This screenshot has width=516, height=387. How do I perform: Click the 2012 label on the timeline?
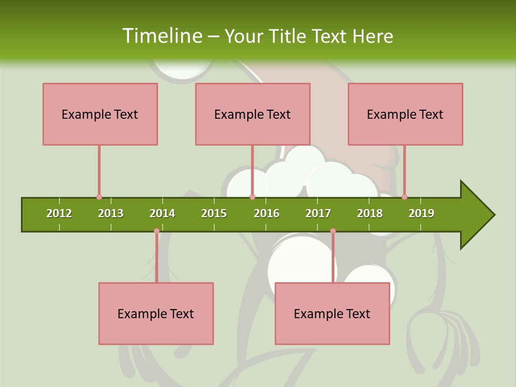(x=59, y=213)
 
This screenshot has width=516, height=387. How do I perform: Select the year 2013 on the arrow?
(x=111, y=213)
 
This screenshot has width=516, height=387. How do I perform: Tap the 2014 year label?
(x=162, y=213)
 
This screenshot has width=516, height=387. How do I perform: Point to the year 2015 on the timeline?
(x=214, y=213)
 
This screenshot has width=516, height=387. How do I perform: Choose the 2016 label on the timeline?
(x=267, y=213)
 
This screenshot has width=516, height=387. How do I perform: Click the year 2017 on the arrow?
(x=318, y=213)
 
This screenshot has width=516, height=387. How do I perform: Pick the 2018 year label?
(x=370, y=213)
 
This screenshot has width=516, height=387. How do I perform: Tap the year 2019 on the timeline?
(x=421, y=213)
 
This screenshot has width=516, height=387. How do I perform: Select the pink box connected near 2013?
(x=100, y=114)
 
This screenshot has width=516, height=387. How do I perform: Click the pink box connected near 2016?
(x=253, y=114)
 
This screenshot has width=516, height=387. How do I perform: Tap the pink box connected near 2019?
(x=405, y=114)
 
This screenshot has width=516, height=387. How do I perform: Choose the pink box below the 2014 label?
(x=156, y=313)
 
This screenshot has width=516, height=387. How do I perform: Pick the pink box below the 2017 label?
(x=332, y=313)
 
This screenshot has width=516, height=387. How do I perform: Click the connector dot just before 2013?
(x=99, y=197)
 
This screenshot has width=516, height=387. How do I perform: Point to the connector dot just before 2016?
(x=252, y=197)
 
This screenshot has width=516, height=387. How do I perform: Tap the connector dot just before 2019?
(x=404, y=197)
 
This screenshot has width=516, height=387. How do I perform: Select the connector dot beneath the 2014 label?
(x=156, y=231)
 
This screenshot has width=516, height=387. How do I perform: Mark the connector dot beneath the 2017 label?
(x=333, y=231)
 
